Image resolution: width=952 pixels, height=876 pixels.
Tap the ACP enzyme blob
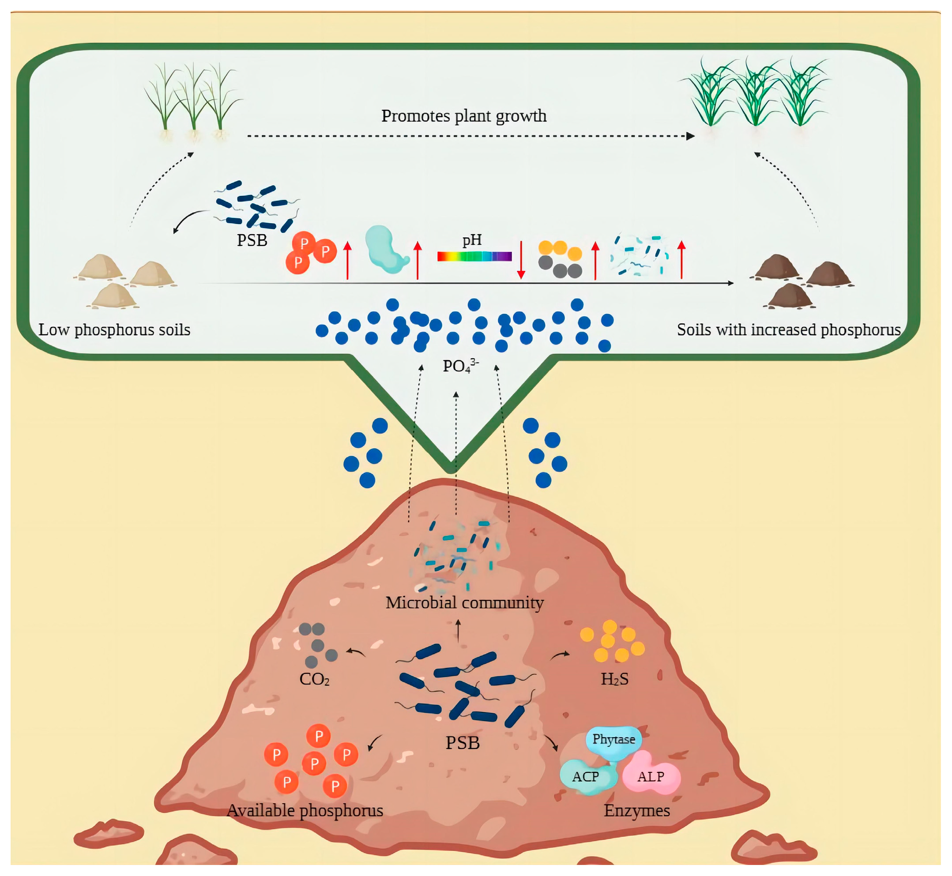point(586,777)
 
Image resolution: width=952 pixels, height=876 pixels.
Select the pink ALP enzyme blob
point(651,777)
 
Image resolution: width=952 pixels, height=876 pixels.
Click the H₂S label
point(615,679)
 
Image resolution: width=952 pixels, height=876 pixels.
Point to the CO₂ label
point(314,679)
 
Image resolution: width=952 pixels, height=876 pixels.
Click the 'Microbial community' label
point(464,603)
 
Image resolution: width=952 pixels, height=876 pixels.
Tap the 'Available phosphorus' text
point(305,810)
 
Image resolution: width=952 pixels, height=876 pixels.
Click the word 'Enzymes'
point(636,810)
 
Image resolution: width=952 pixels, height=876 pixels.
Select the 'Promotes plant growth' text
point(464,116)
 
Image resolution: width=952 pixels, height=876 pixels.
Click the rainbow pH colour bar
point(474,256)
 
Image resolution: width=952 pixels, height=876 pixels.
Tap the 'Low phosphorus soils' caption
point(114,330)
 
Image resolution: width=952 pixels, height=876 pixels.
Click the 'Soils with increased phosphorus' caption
point(788,330)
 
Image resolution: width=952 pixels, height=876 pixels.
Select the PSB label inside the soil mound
point(463,743)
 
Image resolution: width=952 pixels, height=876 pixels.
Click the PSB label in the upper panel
point(252,241)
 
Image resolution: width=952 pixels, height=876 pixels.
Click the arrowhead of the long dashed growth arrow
point(691,136)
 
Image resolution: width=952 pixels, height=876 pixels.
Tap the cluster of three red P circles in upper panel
point(311,252)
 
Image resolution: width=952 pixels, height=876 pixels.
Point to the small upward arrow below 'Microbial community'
point(458,630)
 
